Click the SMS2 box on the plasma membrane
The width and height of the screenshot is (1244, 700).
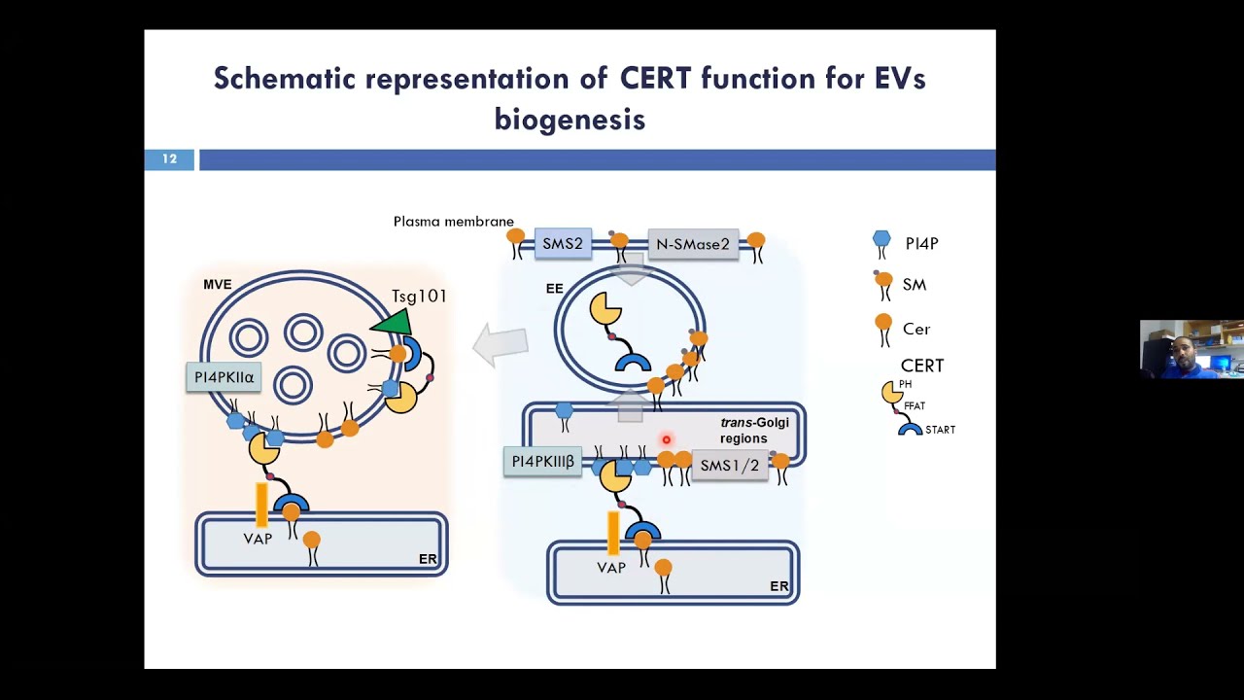(563, 244)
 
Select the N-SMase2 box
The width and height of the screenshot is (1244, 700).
(692, 244)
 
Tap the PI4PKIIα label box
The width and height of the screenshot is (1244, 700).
(224, 377)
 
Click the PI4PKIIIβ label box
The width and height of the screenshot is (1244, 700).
(542, 462)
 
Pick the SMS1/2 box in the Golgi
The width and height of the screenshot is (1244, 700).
(729, 466)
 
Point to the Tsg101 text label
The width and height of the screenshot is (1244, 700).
(418, 296)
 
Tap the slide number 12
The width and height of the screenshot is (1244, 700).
(169, 159)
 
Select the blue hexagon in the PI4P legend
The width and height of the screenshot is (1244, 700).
(881, 239)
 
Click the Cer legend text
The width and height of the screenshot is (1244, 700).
(916, 329)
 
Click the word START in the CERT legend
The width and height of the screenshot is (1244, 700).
(940, 430)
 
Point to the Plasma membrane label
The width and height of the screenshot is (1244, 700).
(453, 222)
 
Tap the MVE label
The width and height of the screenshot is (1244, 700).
(218, 285)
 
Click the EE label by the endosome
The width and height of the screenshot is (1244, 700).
(554, 289)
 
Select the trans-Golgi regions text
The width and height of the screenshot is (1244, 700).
(754, 430)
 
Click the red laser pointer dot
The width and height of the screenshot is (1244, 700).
(666, 440)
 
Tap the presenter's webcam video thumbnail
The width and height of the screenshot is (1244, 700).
(1192, 348)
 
